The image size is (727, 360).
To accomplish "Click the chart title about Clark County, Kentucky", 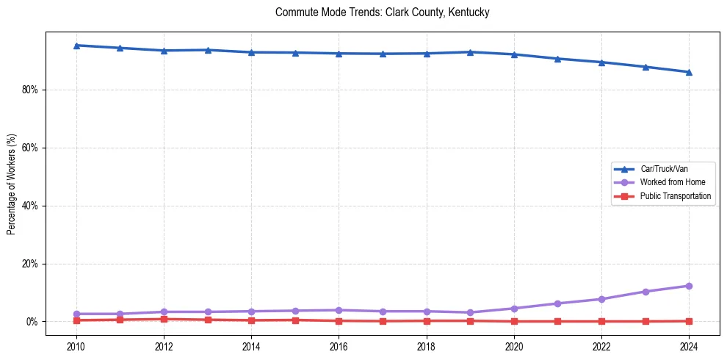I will click(382, 12).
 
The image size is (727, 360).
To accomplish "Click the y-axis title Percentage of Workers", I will click(11, 183).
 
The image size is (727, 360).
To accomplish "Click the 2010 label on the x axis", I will click(76, 346).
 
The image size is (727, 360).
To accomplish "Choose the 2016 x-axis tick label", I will click(339, 346).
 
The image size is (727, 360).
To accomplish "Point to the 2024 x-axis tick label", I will click(689, 346).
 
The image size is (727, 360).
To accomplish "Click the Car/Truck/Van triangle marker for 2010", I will click(76, 46).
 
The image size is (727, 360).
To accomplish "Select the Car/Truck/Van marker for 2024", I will click(689, 72).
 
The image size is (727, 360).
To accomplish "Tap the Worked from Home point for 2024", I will click(689, 286).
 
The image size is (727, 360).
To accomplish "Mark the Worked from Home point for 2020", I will click(514, 309).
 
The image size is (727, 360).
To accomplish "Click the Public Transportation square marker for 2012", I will click(164, 319).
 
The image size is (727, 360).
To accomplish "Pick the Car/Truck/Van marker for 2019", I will click(470, 52).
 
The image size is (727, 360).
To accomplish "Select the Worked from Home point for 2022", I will click(601, 299).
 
